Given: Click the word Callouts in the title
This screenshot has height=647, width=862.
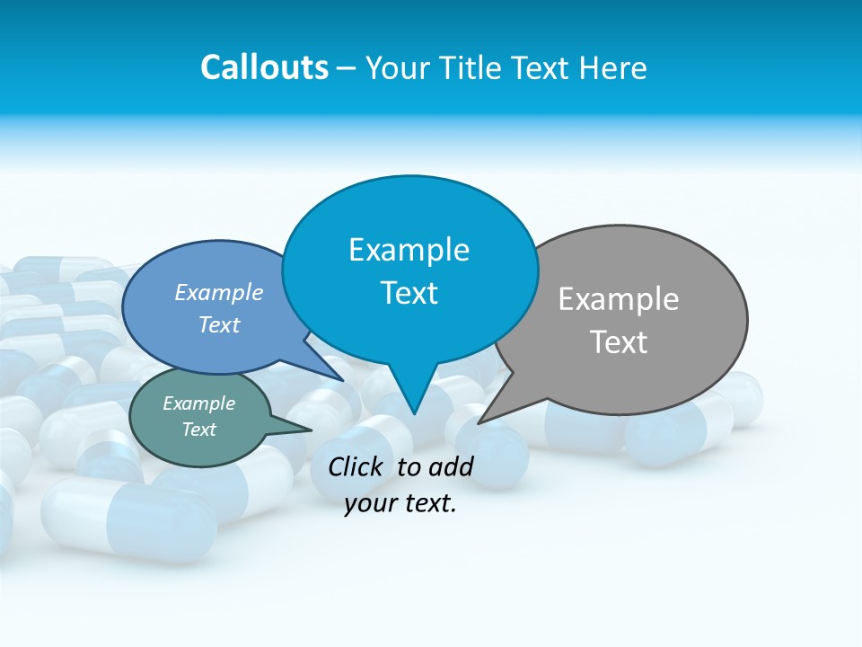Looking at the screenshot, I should point(264,67).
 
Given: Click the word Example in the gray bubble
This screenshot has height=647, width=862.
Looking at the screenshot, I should point(619,299).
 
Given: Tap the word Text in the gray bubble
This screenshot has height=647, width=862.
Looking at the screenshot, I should point(619,342).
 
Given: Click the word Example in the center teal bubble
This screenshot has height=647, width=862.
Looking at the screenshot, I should point(409,250).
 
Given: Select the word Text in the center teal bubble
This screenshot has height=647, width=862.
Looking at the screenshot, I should point(409,293).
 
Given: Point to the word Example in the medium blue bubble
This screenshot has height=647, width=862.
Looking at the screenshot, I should point(219,292).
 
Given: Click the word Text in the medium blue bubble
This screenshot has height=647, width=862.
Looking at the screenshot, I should point(219,324).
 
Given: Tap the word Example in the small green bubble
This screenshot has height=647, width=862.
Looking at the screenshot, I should point(198,403).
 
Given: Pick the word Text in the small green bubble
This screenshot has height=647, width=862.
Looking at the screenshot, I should point(198,430).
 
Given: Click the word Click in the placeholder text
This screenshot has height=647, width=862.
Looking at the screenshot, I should point(355,466).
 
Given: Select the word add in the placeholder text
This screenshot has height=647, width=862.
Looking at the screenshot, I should point(450,466).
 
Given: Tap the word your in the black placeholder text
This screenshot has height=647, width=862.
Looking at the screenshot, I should point(368,503).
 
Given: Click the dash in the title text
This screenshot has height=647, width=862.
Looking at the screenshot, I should point(347,68).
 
